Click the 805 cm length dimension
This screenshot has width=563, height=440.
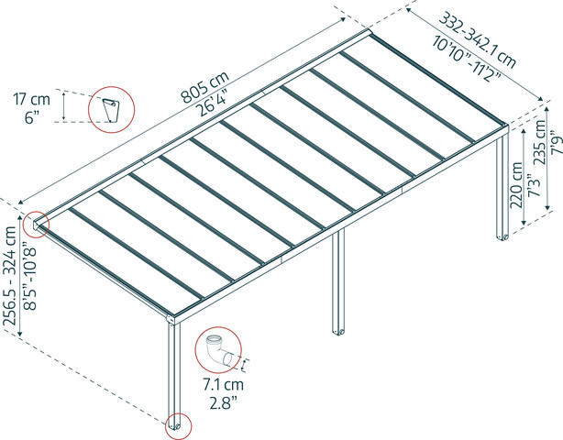point(205,86)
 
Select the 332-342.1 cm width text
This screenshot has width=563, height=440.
point(478,40)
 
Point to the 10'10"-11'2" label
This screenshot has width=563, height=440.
point(467,59)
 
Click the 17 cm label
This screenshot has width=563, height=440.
point(31,99)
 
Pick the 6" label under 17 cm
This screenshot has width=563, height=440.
point(31,117)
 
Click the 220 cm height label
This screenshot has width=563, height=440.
point(517,185)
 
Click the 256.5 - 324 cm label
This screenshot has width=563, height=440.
point(9,276)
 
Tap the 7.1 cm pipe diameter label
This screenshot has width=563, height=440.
point(224,385)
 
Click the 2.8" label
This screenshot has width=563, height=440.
point(224,402)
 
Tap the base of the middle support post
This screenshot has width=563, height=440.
point(338,331)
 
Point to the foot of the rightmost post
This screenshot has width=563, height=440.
point(502,236)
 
